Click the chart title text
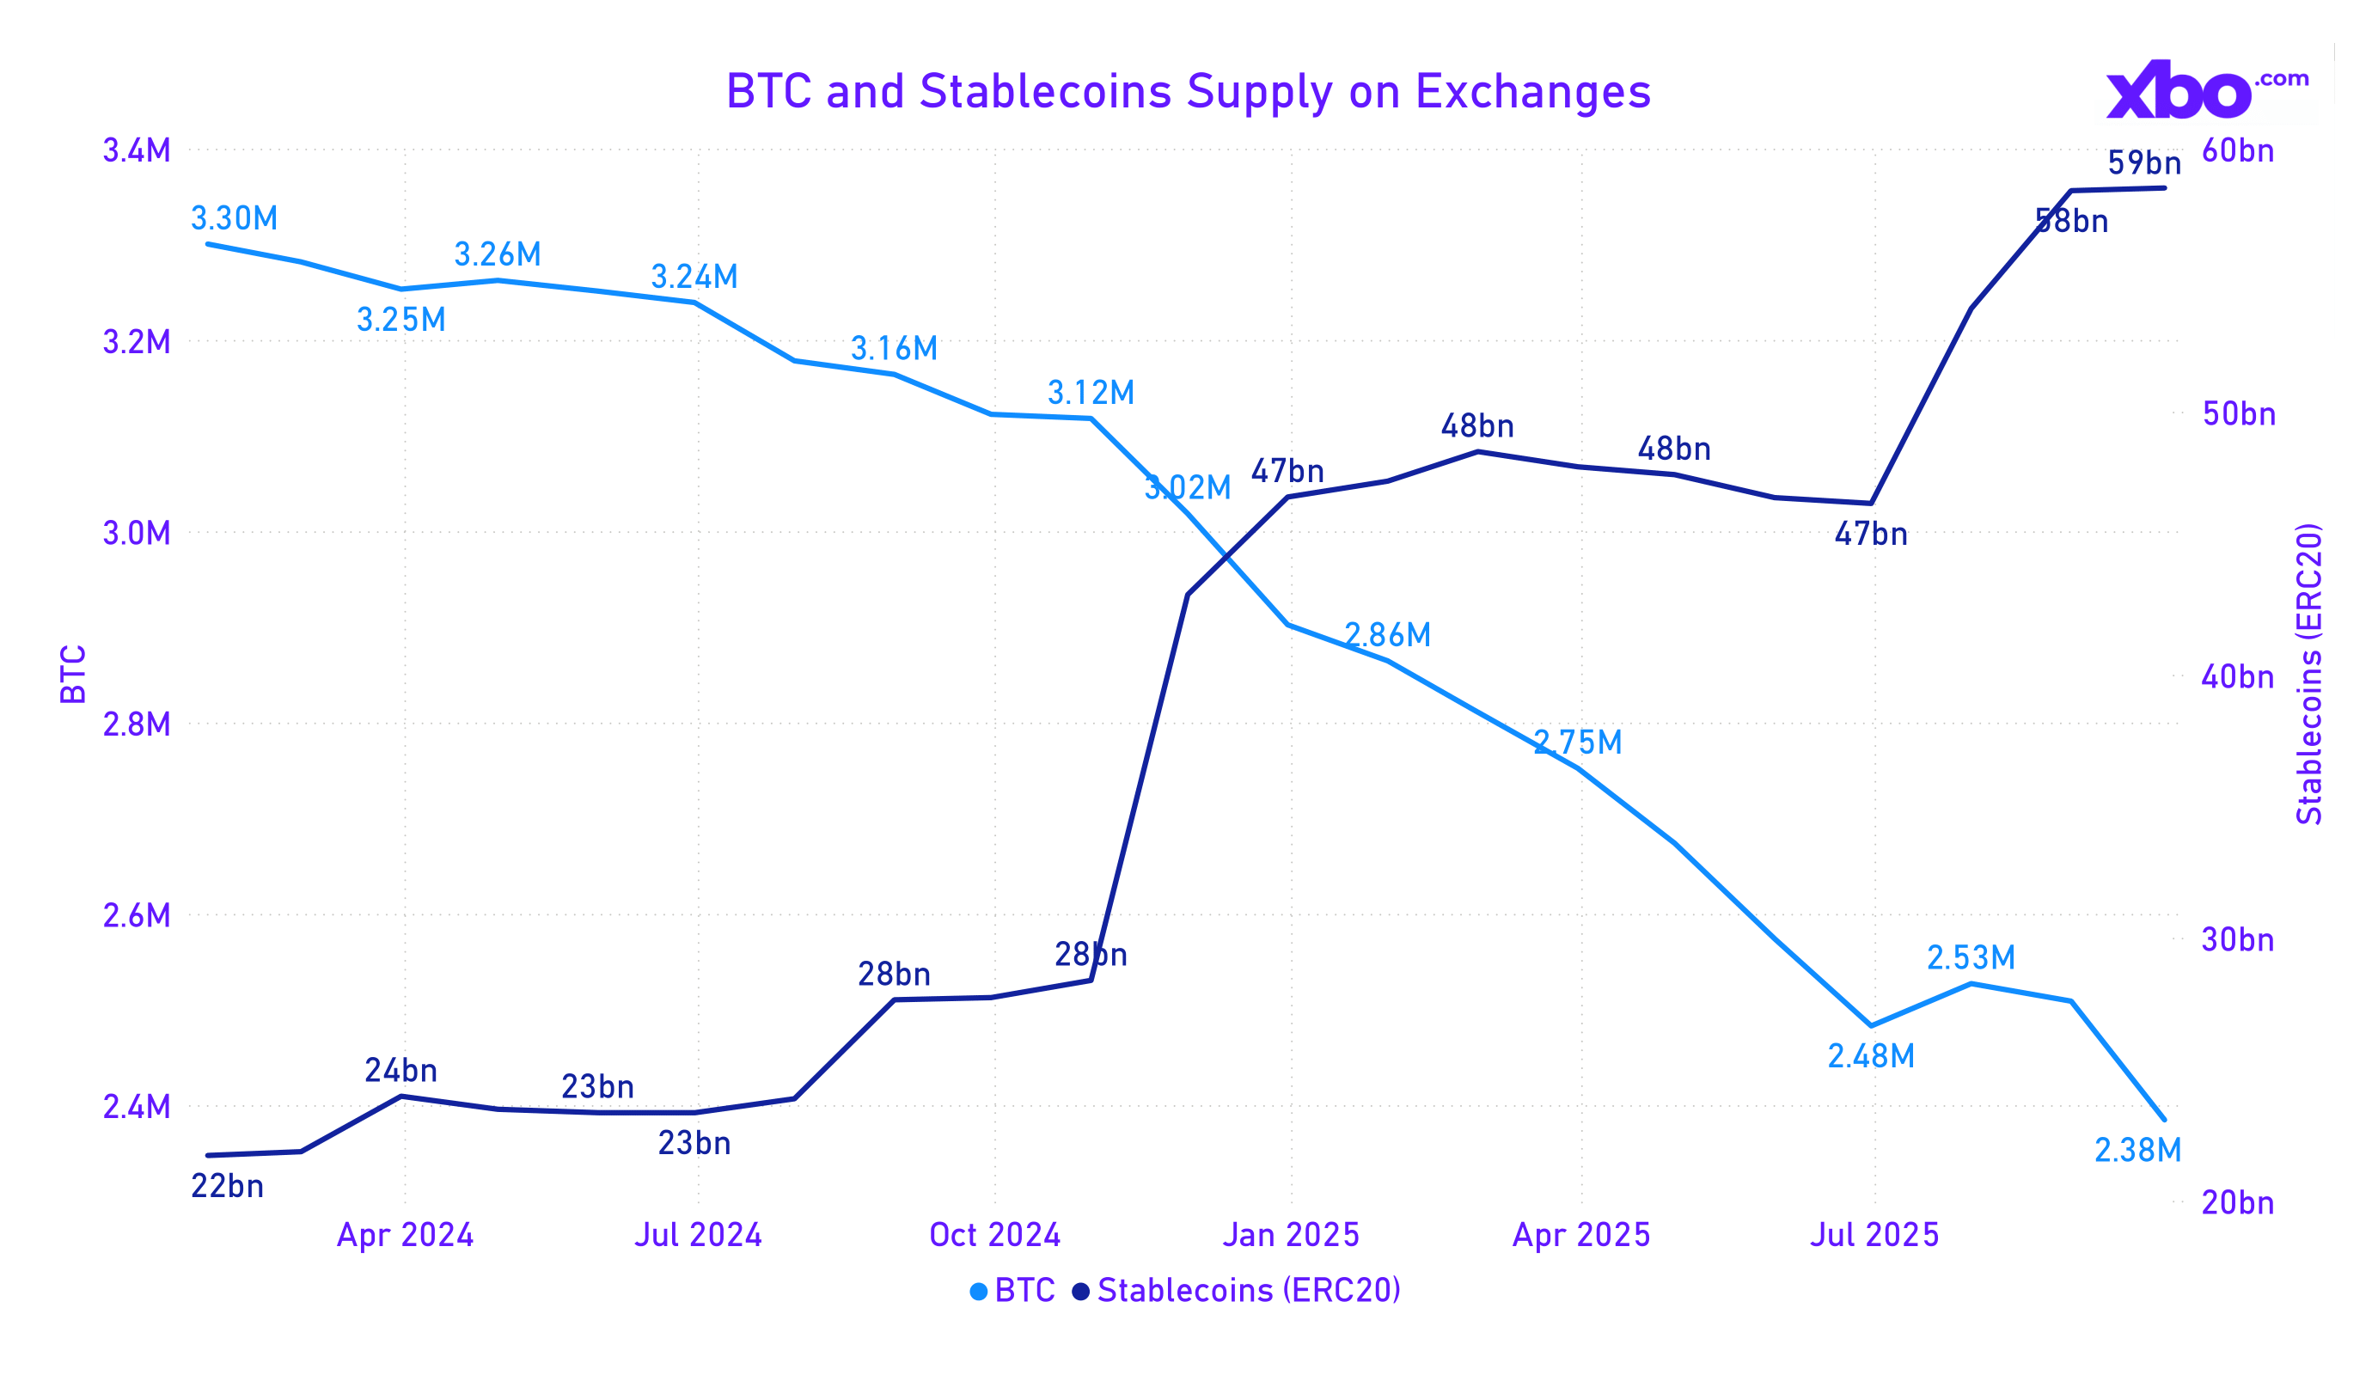coord(1188,92)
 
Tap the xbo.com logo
coord(2206,89)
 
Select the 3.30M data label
coord(234,219)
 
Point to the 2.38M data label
coord(2137,1151)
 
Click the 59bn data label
coord(2144,163)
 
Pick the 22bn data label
coord(228,1186)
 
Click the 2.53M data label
coord(1971,958)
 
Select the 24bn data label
coord(401,1070)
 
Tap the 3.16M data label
coord(894,349)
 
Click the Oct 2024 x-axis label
coord(994,1235)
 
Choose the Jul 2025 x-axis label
coord(1874,1235)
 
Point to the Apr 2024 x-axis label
coord(405,1235)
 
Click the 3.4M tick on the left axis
coord(137,151)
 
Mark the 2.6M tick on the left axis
coord(137,915)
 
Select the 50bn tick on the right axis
coord(2238,413)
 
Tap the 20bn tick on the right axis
coord(2237,1202)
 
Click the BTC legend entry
coord(1012,1290)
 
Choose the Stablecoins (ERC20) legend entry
coord(1236,1290)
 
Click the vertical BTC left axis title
coord(74,675)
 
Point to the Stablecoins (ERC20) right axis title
coord(2308,674)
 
